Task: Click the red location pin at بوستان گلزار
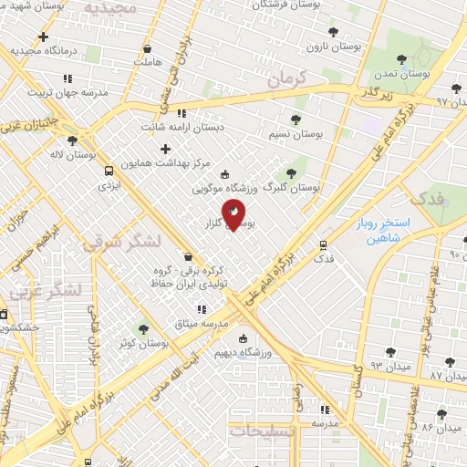[235, 215]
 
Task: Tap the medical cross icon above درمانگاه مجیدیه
[43, 37]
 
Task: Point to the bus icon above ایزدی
[109, 171]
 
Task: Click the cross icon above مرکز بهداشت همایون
[165, 149]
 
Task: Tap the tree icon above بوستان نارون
[331, 31]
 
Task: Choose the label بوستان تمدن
[407, 72]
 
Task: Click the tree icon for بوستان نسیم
[294, 119]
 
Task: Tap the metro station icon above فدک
[322, 244]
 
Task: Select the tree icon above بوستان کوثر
[142, 329]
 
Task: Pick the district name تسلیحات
[261, 431]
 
